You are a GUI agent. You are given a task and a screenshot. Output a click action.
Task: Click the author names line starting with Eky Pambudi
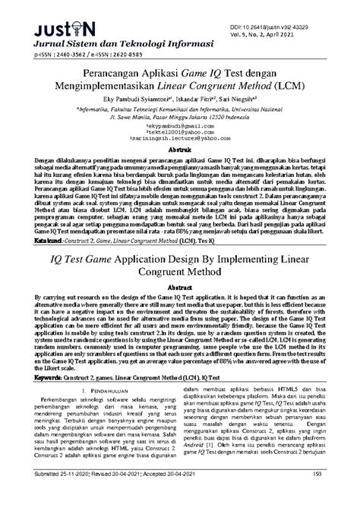point(179,120)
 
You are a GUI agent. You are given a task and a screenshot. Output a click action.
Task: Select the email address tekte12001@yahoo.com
point(179,153)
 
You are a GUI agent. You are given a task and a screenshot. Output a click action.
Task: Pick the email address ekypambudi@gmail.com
point(179,147)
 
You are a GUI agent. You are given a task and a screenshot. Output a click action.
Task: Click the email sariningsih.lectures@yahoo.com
point(179,160)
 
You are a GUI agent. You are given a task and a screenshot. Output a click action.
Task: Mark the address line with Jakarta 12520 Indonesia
point(179,138)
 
